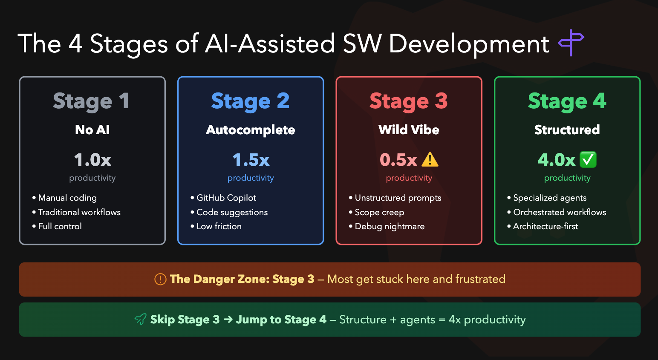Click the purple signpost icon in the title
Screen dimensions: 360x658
tap(571, 43)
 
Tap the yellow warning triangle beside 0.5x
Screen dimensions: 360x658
tap(430, 159)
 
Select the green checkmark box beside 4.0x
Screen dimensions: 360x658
tap(588, 160)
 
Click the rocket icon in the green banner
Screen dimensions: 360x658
tap(140, 319)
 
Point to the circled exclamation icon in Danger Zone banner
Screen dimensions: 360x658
tap(160, 279)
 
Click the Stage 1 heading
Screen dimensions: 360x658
tap(91, 101)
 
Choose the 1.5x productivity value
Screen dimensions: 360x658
tap(251, 160)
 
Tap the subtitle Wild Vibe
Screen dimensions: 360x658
tap(409, 130)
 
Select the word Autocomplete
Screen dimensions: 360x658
tap(251, 130)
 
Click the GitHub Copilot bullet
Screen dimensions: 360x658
tap(226, 198)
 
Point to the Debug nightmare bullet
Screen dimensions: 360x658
tap(389, 226)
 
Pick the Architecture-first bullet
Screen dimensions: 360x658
tap(545, 226)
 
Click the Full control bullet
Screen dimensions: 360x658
tap(60, 226)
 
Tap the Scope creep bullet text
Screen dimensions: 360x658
tap(379, 212)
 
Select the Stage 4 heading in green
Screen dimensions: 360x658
tap(567, 101)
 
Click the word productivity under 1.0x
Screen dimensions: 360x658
tap(92, 178)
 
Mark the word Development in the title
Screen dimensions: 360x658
tap(469, 44)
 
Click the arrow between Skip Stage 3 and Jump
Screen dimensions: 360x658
tap(228, 320)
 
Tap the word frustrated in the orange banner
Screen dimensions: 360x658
tap(480, 279)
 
